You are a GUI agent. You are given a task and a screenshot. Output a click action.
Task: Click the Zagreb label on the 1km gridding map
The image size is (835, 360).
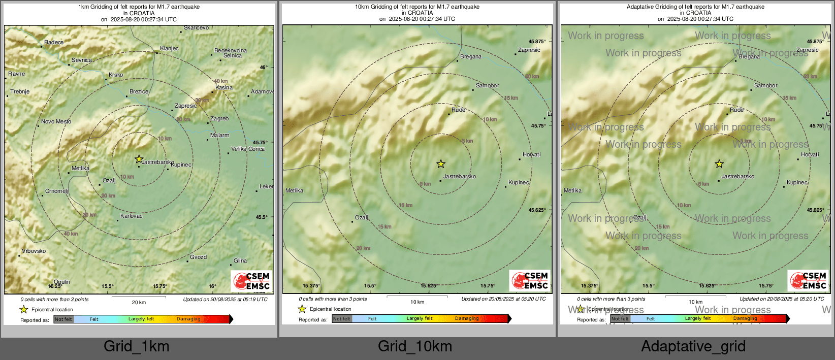click(219, 119)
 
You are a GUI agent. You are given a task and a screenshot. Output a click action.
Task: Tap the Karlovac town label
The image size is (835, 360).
click(132, 216)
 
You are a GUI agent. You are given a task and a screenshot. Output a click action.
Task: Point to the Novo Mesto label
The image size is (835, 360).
click(56, 122)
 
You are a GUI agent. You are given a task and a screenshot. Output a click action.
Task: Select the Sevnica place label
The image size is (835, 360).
click(82, 60)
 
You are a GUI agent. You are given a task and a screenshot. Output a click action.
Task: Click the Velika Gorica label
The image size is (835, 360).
click(248, 149)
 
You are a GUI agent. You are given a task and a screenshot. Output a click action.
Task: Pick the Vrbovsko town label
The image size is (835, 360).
click(34, 251)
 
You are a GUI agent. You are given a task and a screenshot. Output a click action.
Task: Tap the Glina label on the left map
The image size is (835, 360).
click(240, 261)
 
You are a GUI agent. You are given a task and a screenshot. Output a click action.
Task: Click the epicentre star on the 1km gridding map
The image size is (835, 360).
click(139, 159)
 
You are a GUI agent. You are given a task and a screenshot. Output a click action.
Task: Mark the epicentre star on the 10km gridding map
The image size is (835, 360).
click(441, 163)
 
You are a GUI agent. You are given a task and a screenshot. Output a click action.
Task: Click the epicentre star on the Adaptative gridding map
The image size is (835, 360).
click(719, 163)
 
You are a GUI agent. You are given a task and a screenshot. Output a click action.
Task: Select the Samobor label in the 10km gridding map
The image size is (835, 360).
click(488, 86)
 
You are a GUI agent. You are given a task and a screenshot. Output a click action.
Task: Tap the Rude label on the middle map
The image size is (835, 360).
click(458, 110)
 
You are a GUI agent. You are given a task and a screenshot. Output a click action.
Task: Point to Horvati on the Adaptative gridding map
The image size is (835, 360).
click(810, 155)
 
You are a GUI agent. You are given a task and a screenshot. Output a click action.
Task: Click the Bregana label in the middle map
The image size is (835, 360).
click(471, 57)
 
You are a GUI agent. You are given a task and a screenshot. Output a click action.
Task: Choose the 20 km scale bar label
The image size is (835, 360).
click(139, 302)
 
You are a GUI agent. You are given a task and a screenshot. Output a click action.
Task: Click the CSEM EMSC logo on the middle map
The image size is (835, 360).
click(530, 280)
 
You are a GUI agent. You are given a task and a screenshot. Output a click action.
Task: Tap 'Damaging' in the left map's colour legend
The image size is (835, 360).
click(188, 319)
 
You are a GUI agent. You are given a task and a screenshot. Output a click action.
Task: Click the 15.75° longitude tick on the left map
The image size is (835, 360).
click(160, 286)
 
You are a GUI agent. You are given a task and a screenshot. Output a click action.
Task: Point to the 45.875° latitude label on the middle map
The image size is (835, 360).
click(537, 42)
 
